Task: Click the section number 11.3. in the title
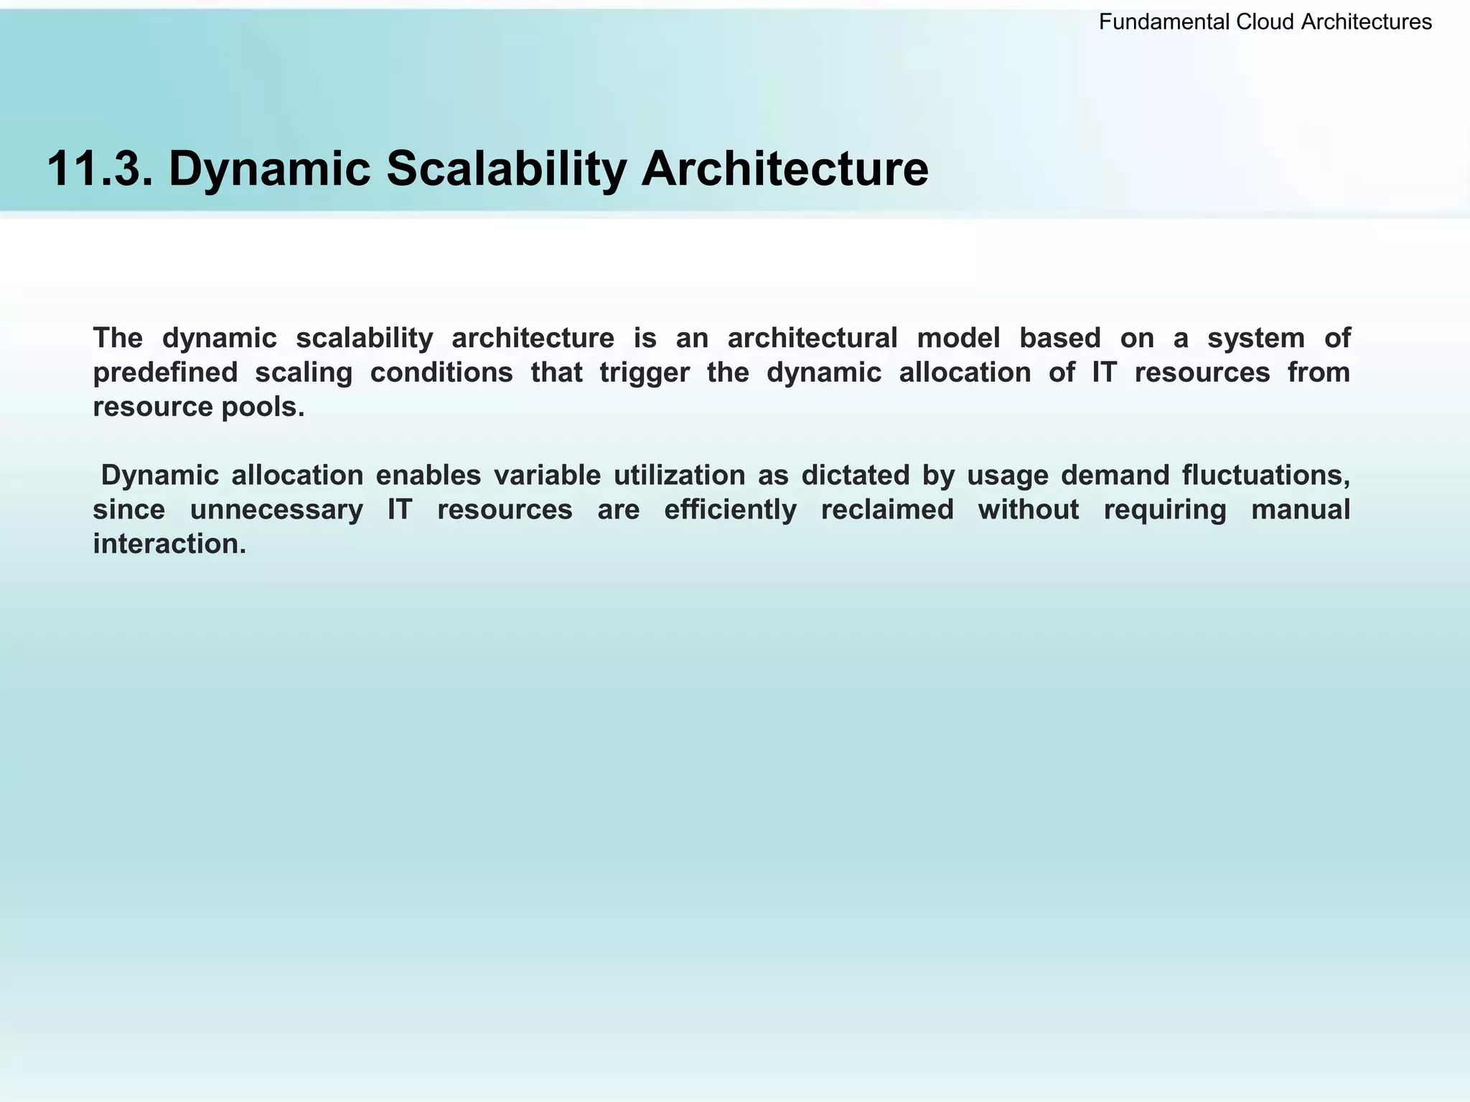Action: click(99, 169)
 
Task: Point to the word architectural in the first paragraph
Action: click(813, 338)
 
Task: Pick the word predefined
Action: click(166, 372)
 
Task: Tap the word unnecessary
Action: click(276, 509)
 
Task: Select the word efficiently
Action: click(730, 509)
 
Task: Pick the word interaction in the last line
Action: click(169, 544)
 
